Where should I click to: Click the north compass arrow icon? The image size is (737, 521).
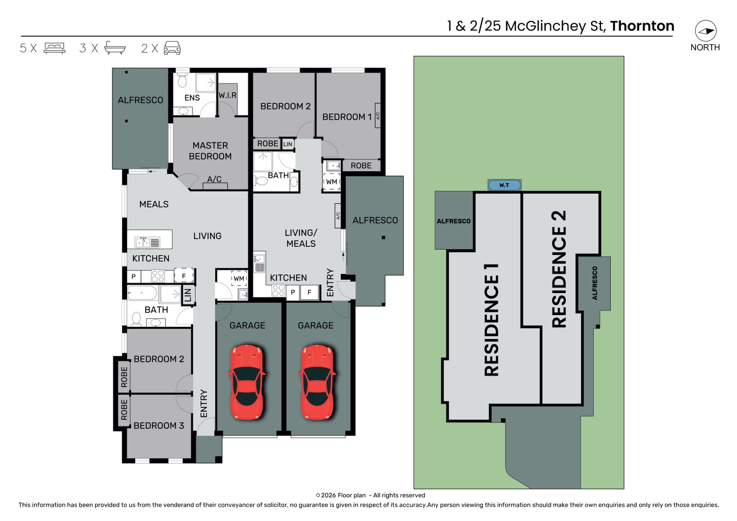(706, 31)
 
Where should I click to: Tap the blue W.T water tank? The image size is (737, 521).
(504, 185)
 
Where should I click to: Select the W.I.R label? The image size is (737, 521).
(228, 95)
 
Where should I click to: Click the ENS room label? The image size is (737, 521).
(192, 98)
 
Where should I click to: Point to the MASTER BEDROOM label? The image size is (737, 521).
(210, 151)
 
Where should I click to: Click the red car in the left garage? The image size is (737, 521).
(247, 382)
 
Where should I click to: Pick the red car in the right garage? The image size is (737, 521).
(317, 382)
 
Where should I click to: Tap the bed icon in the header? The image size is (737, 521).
(55, 48)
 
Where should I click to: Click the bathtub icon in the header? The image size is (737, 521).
(115, 48)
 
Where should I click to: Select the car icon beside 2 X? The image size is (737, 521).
(172, 48)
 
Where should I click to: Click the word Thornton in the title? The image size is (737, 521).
(642, 26)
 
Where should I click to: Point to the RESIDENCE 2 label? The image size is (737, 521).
(559, 269)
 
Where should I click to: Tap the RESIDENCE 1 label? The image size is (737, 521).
(491, 320)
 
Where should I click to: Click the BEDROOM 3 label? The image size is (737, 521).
(158, 426)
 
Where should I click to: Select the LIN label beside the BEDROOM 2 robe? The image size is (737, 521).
(287, 144)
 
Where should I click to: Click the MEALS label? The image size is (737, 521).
(154, 205)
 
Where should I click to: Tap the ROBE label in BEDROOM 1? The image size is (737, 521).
(361, 165)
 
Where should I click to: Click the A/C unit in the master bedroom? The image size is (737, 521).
(215, 186)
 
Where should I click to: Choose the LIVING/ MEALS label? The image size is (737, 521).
(301, 238)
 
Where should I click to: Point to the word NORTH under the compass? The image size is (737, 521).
(705, 47)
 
